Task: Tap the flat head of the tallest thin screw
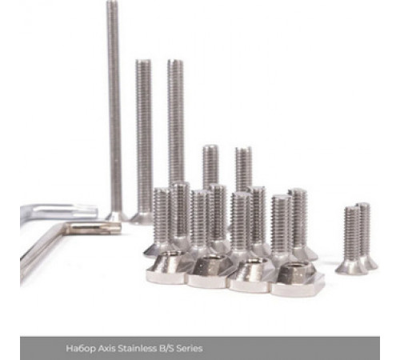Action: (x=116, y=217)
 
